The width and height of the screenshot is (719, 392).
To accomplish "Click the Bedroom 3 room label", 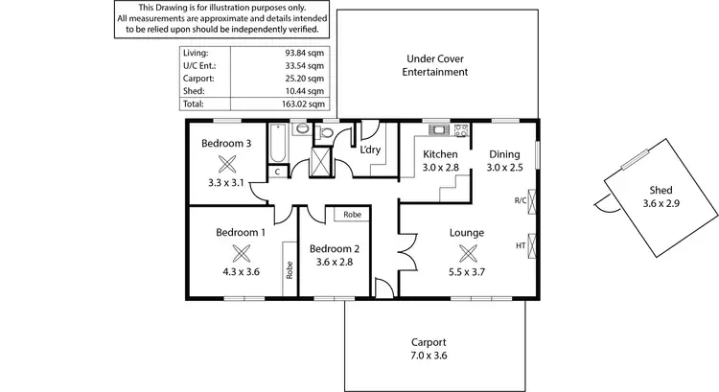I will click(226, 144).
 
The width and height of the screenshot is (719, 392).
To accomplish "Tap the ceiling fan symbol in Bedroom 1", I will click(241, 253).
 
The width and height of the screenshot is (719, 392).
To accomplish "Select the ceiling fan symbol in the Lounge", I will click(468, 253).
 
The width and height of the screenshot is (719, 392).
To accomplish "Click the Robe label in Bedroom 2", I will click(353, 215).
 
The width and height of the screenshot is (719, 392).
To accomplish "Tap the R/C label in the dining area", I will click(520, 200).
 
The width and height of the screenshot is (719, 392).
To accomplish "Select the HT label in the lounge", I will click(521, 246).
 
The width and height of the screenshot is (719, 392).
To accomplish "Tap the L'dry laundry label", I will click(370, 150).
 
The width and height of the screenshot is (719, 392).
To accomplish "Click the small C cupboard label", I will click(276, 173).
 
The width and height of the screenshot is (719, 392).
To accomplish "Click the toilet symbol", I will click(325, 134).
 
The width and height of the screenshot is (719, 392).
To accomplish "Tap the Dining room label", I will click(504, 154).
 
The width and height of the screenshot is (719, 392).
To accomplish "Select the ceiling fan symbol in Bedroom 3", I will click(227, 163).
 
